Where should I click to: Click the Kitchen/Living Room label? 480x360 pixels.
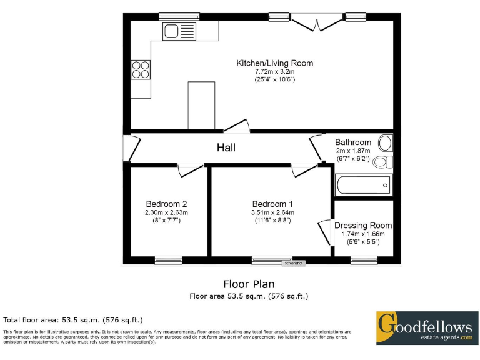(x=274, y=63)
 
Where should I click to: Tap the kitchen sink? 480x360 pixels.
(x=179, y=31)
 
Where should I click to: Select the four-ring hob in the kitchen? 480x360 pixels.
(x=141, y=69)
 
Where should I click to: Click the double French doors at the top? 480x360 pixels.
(x=317, y=22)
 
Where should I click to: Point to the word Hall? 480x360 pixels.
(x=226, y=147)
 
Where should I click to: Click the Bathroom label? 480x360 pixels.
(x=352, y=142)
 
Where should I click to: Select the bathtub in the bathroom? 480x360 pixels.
(x=364, y=185)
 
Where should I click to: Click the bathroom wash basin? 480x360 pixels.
(x=386, y=143)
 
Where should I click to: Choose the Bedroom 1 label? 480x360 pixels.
(x=272, y=204)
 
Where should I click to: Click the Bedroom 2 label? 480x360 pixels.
(x=166, y=204)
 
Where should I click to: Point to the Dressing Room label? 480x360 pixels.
(x=363, y=226)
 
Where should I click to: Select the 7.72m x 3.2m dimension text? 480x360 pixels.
(x=274, y=71)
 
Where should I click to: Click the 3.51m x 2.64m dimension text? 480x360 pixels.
(x=273, y=212)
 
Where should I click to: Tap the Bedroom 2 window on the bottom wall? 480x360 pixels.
(x=168, y=259)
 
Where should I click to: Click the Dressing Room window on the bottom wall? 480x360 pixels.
(x=364, y=259)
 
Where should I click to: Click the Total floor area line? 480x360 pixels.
(x=74, y=320)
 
